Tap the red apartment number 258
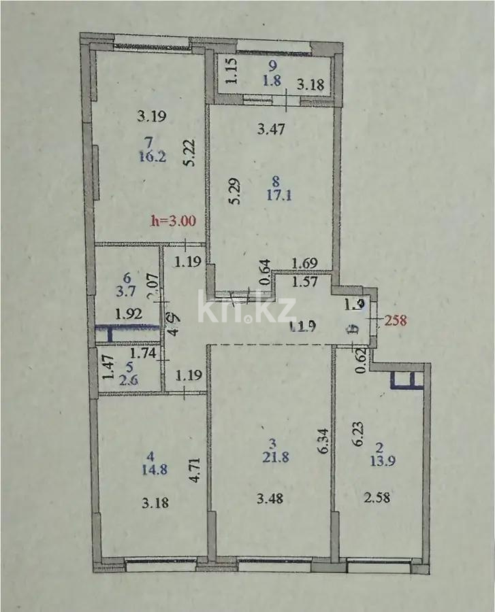tap(396, 320)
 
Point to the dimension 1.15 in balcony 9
tap(231, 71)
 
